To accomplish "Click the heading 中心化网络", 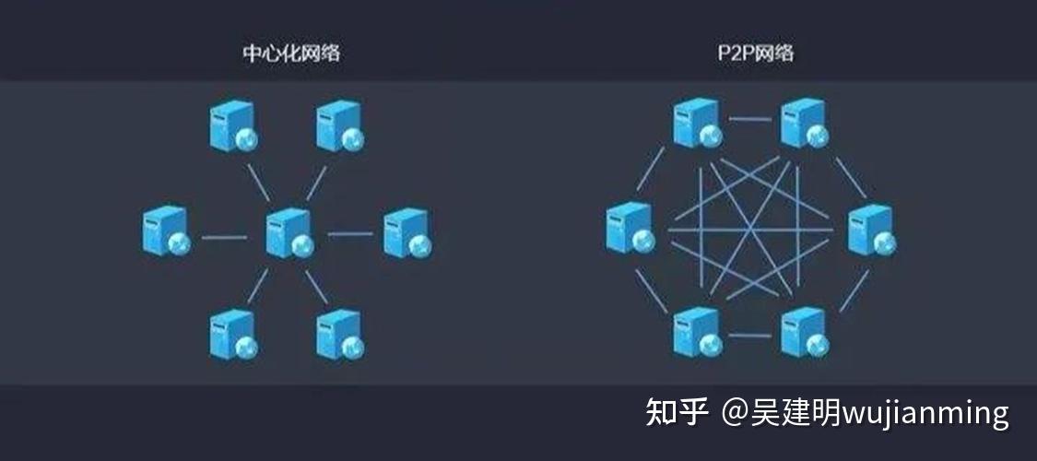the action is point(291,53).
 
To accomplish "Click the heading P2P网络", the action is point(755,53).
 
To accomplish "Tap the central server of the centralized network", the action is point(289,232).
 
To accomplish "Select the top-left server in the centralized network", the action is point(232,126).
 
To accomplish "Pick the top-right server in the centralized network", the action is point(339,126).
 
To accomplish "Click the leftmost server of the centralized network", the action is point(166,231).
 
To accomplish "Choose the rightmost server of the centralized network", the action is point(407,232).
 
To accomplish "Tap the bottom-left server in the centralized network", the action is point(232,335).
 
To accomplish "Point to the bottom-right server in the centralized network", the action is point(339,335).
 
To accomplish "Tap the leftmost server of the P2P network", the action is point(630,228).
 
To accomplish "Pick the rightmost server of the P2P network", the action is point(871,229).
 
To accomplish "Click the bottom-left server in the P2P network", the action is point(697,332).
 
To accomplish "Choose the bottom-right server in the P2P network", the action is point(804,332).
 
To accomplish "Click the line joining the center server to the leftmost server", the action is point(224,237).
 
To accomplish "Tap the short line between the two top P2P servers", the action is point(750,119).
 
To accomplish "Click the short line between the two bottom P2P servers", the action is point(750,336).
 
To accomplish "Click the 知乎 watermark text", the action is point(677,412).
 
